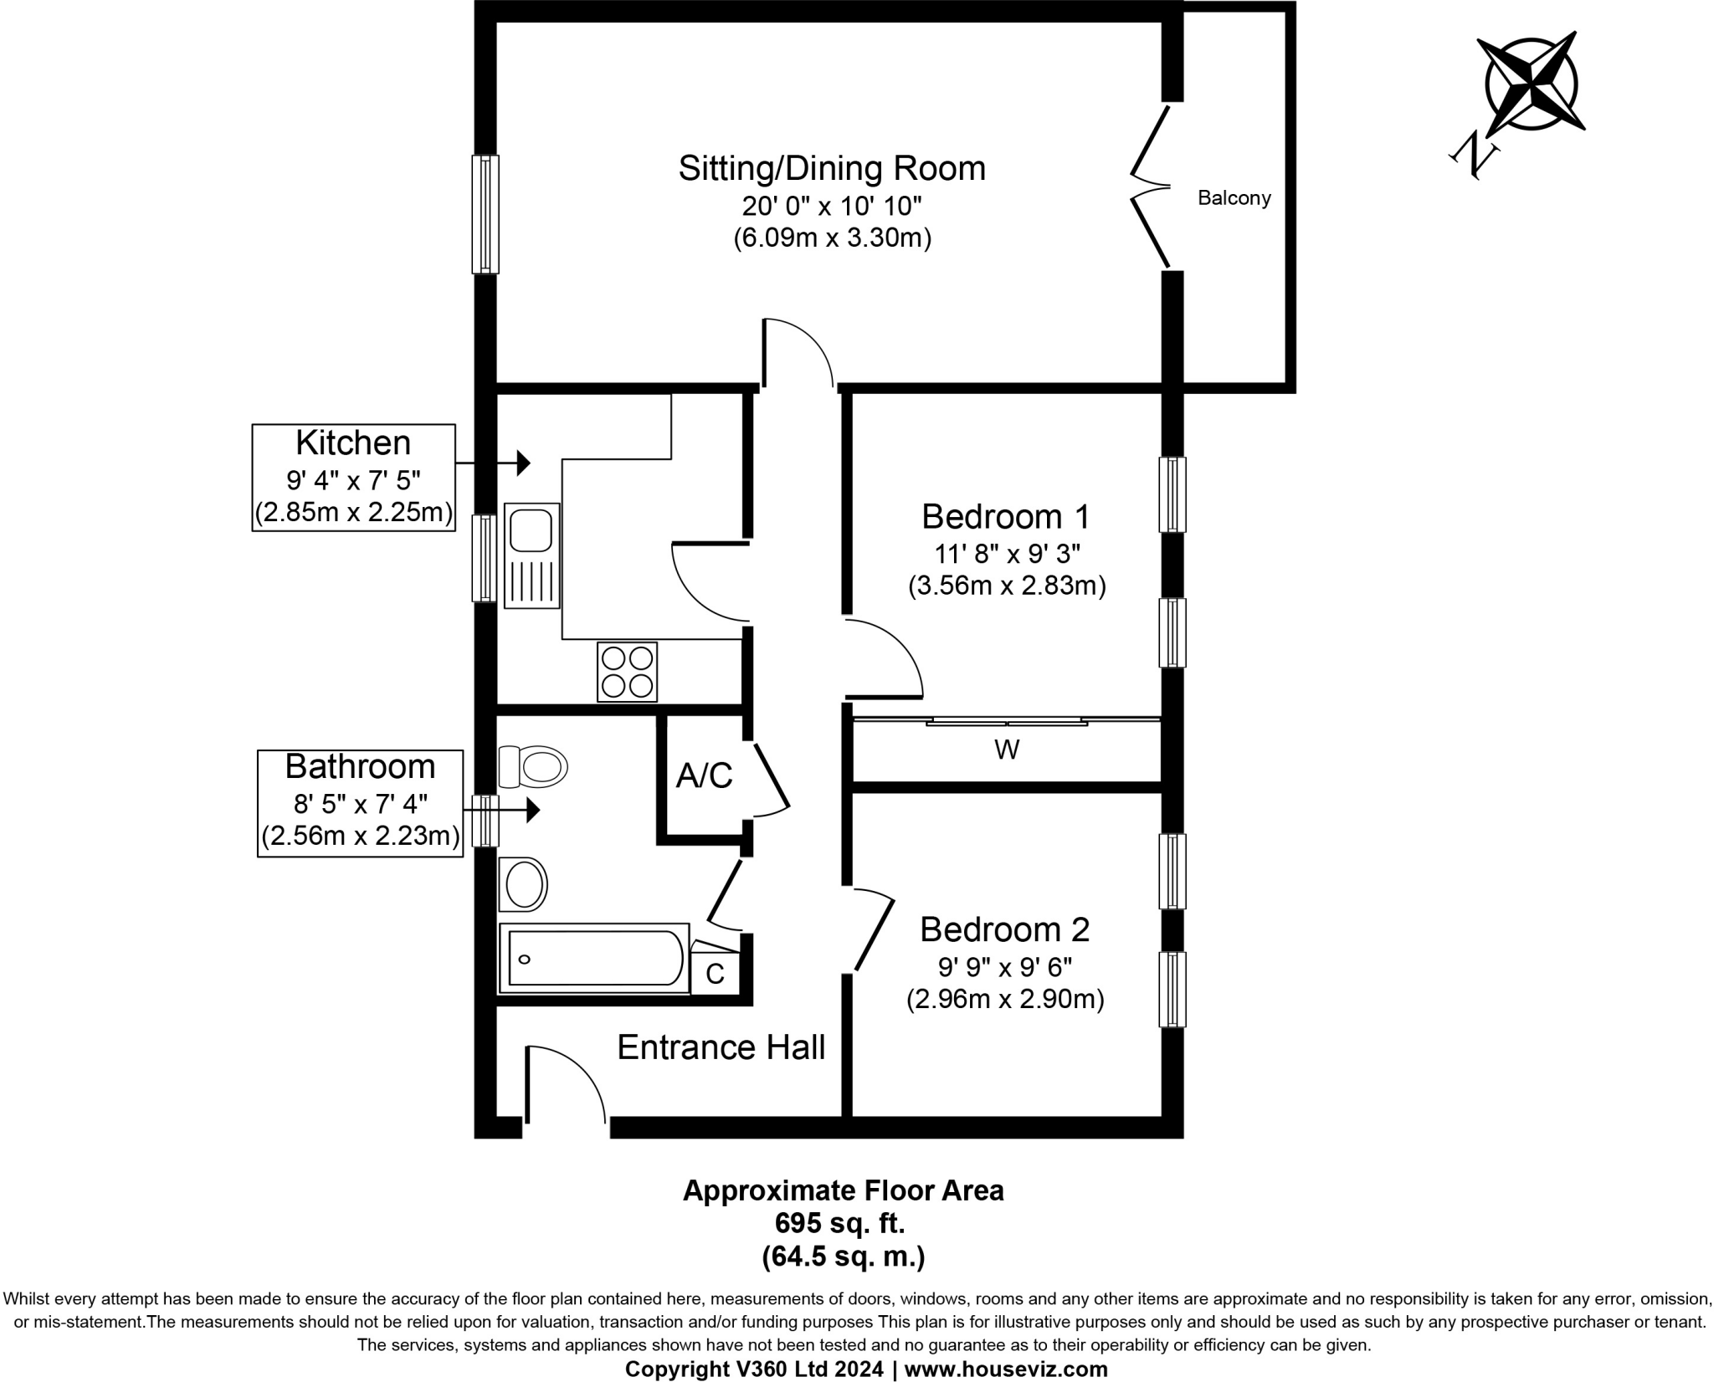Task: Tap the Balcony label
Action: click(x=1234, y=198)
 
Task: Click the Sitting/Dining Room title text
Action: click(x=831, y=168)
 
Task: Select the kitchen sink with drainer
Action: click(x=532, y=555)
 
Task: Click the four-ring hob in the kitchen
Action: click(x=627, y=672)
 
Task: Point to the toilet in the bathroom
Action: click(x=532, y=766)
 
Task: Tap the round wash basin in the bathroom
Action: click(x=524, y=884)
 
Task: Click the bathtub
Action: click(x=593, y=958)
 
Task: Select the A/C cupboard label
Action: click(x=704, y=775)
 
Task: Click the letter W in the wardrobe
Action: click(x=1007, y=750)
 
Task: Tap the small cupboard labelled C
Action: click(x=715, y=973)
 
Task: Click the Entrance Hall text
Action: click(x=721, y=1047)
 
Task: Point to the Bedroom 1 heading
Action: click(x=1005, y=516)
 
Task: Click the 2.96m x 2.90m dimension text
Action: click(x=1005, y=999)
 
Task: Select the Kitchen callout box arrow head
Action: click(x=523, y=462)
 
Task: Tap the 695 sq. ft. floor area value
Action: click(x=839, y=1223)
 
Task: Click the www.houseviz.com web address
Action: click(x=1006, y=1369)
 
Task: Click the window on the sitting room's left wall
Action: click(x=485, y=214)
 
